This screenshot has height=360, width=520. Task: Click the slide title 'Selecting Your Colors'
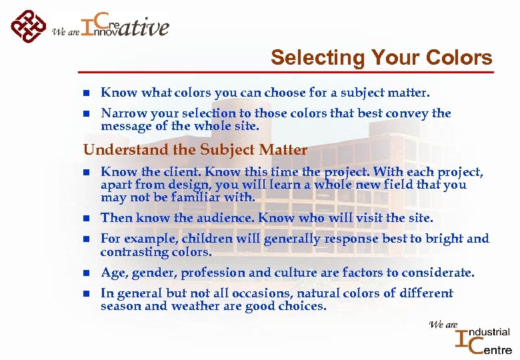[x=381, y=58]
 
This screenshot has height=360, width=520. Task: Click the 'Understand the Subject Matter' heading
[x=195, y=150]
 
